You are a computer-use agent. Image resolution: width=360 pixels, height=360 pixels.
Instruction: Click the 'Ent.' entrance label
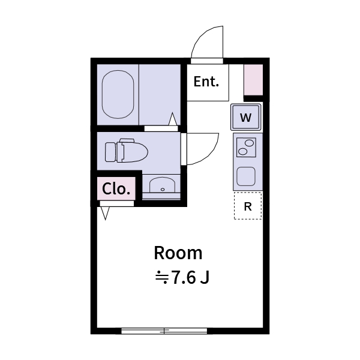206,82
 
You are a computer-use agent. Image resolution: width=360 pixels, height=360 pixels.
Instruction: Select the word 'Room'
178,253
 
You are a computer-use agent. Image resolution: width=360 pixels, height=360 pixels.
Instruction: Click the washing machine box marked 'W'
246,117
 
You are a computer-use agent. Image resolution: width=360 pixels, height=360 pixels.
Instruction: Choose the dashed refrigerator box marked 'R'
248,206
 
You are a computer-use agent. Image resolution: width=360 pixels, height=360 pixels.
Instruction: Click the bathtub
118,94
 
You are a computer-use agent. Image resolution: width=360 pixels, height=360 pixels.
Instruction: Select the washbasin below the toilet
161,186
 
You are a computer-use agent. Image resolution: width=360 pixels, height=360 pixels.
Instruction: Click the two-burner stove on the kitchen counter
247,146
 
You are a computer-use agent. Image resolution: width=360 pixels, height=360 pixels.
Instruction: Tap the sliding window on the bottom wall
164,330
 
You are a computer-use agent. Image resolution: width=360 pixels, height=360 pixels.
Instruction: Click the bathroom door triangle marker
173,119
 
